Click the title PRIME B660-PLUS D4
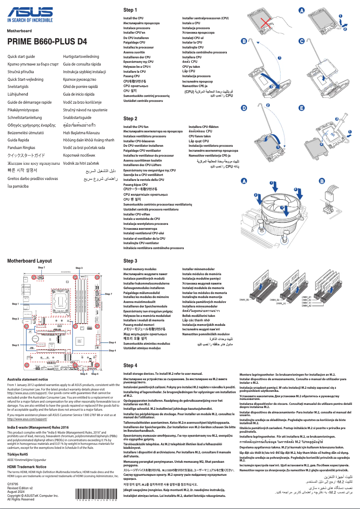pos(47,42)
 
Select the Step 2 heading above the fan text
pos(130,118)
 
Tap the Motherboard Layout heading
pos(30,260)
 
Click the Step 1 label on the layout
pos(15,304)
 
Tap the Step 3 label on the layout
pos(79,268)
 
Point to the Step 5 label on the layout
pos(15,345)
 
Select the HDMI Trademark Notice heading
pos(30,466)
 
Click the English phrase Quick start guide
pos(22,57)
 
